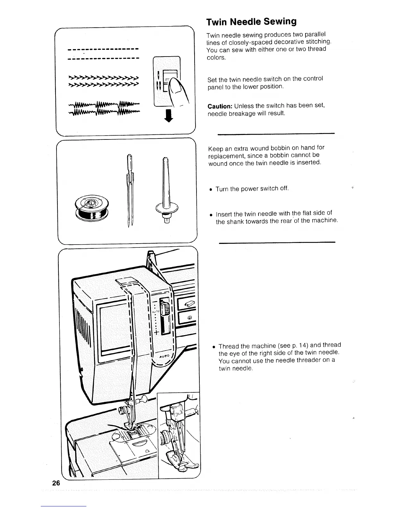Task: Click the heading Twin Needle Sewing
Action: coord(251,22)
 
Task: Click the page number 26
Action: coord(56,483)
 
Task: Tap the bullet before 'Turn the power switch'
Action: coord(211,189)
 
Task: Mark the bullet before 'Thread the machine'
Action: coord(214,347)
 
